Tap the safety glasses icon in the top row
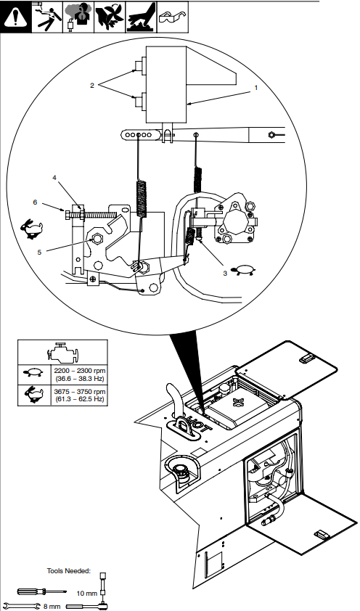[x=172, y=15]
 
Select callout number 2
[x=92, y=85]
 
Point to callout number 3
[x=225, y=274]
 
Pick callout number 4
[x=54, y=177]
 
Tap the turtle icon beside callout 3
[x=245, y=270]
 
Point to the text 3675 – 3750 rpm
[x=79, y=392]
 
